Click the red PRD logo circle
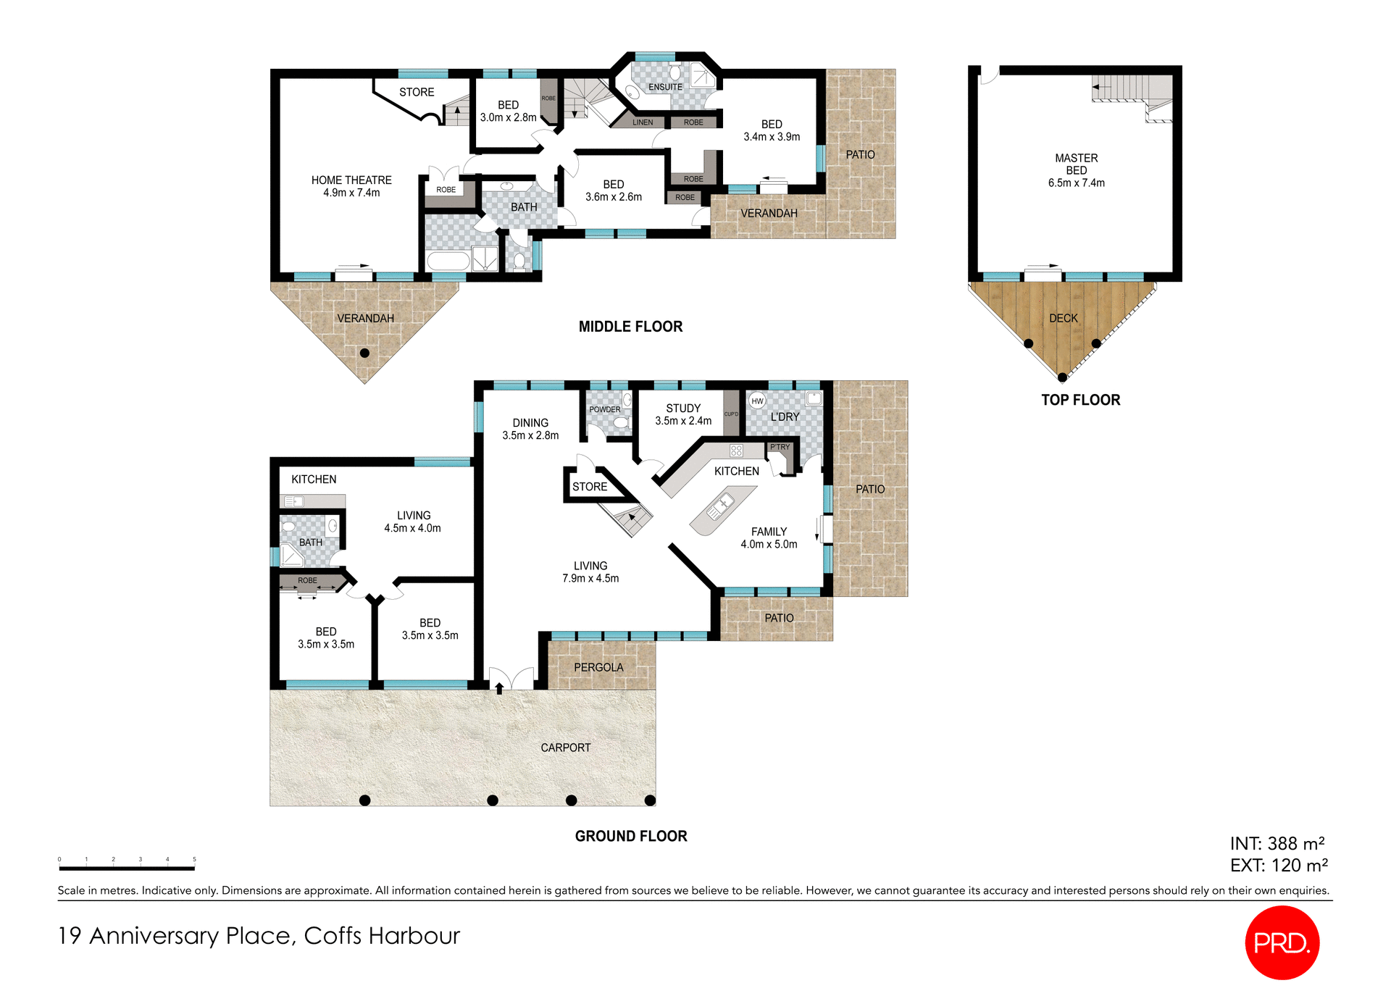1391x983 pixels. click(x=1282, y=942)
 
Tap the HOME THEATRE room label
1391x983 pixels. click(x=351, y=186)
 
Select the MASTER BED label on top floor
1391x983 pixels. click(x=1076, y=170)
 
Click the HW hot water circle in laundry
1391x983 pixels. click(x=757, y=401)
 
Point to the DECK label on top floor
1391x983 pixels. click(x=1063, y=318)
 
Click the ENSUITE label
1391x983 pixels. click(x=665, y=87)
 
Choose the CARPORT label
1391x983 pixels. click(x=565, y=748)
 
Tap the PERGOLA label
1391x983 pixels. click(x=598, y=667)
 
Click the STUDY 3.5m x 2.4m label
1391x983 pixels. click(x=683, y=414)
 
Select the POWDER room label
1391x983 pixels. click(x=604, y=409)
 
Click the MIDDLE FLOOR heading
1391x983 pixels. click(x=630, y=327)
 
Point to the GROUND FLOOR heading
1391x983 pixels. click(x=630, y=836)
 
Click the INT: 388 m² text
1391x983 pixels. click(x=1277, y=843)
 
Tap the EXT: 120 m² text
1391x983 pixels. click(x=1279, y=865)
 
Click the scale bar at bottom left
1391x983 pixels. click(x=127, y=867)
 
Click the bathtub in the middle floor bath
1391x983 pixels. click(x=448, y=262)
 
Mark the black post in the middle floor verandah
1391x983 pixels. click(x=364, y=354)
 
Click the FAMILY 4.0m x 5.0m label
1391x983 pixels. click(x=769, y=537)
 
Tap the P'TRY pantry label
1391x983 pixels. click(x=780, y=447)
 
